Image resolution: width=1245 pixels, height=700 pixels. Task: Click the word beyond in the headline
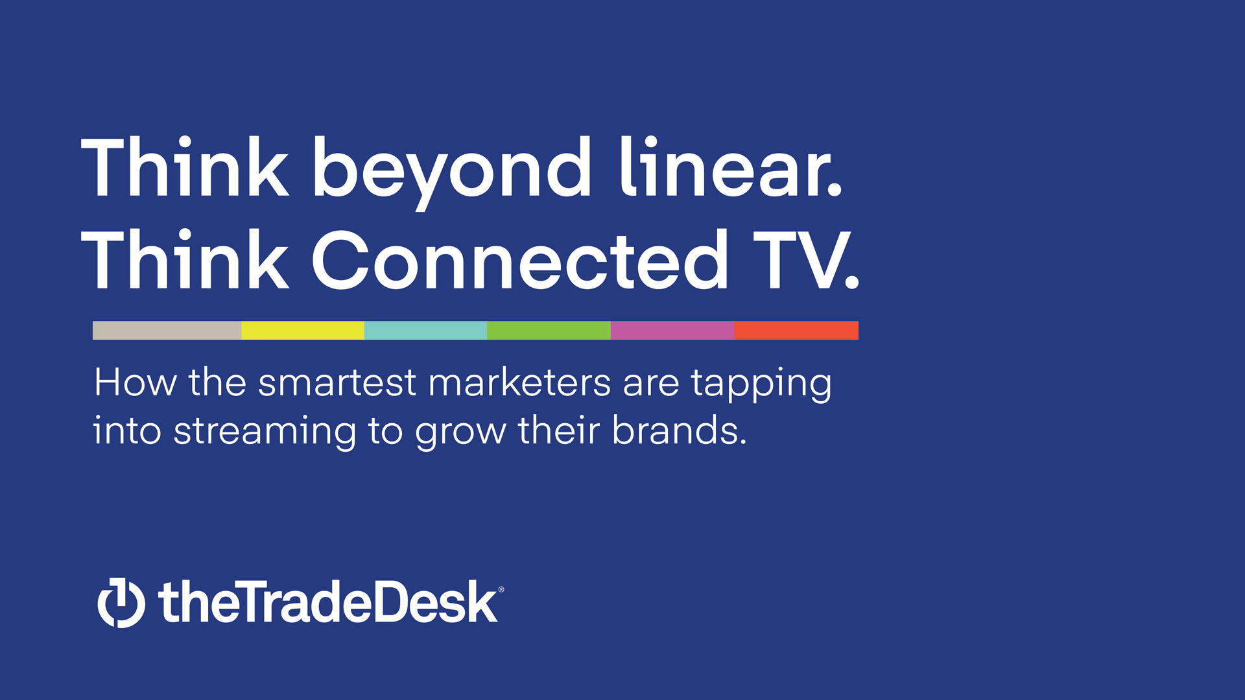coord(452,172)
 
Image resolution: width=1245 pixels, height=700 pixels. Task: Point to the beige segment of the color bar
coord(167,331)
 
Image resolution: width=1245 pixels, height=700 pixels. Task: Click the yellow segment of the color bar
coord(303,331)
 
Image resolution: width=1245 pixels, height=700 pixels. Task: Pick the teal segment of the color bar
coord(425,331)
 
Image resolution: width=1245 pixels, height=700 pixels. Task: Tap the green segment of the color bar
coord(549,331)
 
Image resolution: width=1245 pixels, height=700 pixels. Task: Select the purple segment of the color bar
coord(672,331)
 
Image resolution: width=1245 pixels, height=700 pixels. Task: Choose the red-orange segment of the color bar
coord(796,331)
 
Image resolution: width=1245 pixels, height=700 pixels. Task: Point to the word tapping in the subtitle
coord(761,384)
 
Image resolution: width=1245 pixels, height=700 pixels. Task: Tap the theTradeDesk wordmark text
coord(328,601)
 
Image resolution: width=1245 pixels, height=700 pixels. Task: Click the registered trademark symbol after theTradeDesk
coord(501,589)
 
